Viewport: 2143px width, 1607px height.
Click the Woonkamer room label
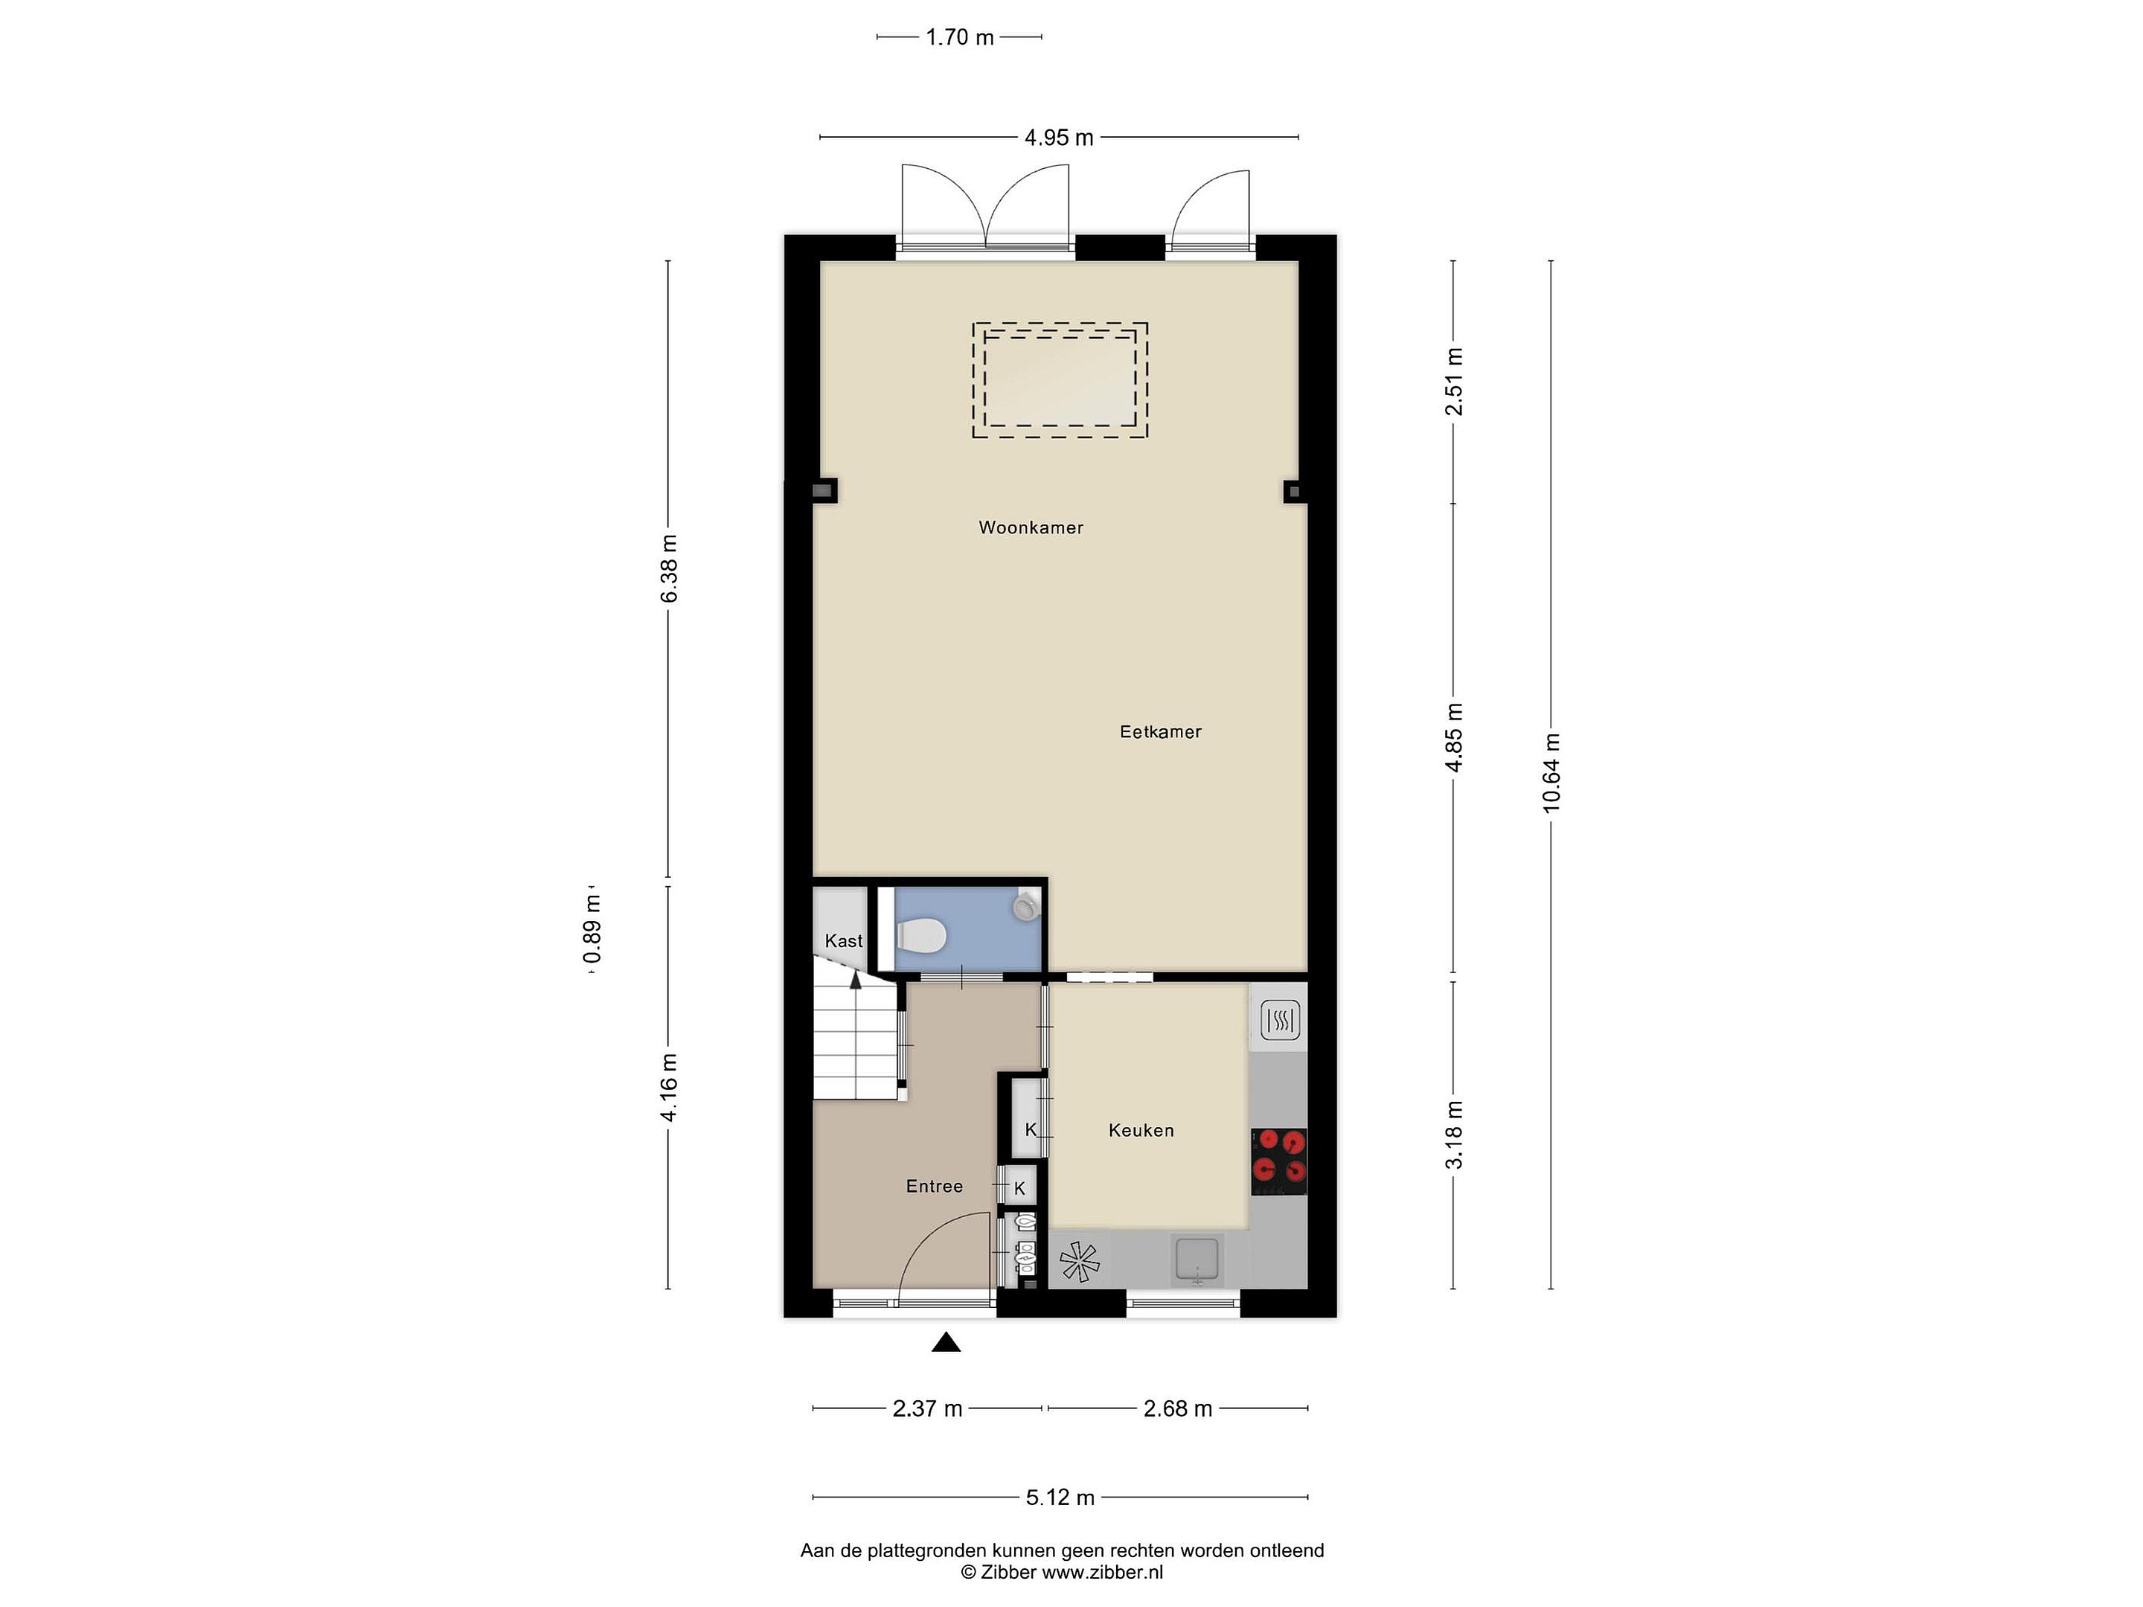point(1031,528)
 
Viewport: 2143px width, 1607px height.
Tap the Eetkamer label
point(1161,732)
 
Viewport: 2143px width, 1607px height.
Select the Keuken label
point(1141,1130)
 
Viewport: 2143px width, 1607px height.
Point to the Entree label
point(934,1187)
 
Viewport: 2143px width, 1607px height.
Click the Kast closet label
point(843,940)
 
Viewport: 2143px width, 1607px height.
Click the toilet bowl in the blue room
point(920,936)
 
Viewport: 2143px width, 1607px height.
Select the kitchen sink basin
point(1197,1260)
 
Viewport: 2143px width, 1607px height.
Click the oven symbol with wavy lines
point(1280,1020)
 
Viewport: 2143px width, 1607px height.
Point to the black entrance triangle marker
point(946,1343)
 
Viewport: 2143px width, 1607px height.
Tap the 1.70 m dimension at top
point(959,38)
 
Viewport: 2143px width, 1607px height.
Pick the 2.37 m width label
point(927,1408)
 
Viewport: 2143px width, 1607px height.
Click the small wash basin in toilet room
point(1025,905)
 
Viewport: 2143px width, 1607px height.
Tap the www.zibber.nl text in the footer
point(1103,1572)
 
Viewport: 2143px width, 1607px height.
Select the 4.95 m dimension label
point(1059,138)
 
